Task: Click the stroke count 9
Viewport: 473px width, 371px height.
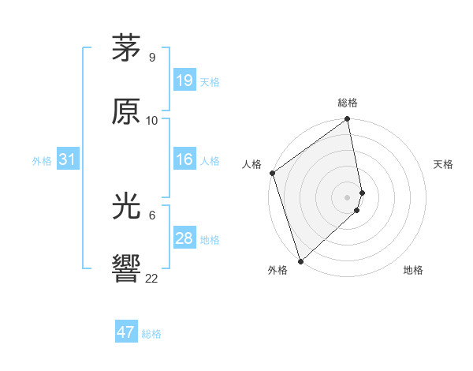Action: (x=152, y=57)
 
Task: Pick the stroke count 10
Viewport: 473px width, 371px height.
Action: (x=152, y=121)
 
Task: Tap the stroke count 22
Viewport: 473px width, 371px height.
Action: (x=152, y=278)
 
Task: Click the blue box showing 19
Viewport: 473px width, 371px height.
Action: (x=184, y=81)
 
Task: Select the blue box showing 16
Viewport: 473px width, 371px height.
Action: (x=184, y=159)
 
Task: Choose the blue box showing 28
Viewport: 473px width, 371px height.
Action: (x=184, y=238)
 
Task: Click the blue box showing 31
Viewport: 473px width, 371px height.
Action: (x=67, y=159)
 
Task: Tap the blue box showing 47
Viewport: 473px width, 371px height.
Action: (x=125, y=332)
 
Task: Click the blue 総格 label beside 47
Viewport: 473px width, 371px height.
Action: (x=151, y=334)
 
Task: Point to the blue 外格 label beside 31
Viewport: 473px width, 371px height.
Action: (x=42, y=160)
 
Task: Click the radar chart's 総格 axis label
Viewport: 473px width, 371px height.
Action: (x=348, y=103)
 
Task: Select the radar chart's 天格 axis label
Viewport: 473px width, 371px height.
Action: (x=444, y=164)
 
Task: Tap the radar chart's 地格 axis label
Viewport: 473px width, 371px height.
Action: (x=413, y=270)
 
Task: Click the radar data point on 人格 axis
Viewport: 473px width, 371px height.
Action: (x=272, y=174)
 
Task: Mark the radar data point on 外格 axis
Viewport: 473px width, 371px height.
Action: (x=300, y=260)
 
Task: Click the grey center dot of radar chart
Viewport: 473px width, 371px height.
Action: (x=348, y=197)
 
